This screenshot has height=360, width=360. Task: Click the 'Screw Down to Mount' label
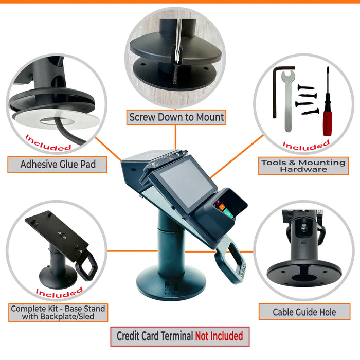point(176,117)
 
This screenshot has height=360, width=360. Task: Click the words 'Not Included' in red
point(219,336)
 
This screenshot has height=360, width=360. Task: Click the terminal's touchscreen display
point(180,179)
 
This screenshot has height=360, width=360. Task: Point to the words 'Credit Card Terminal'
point(155,336)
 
